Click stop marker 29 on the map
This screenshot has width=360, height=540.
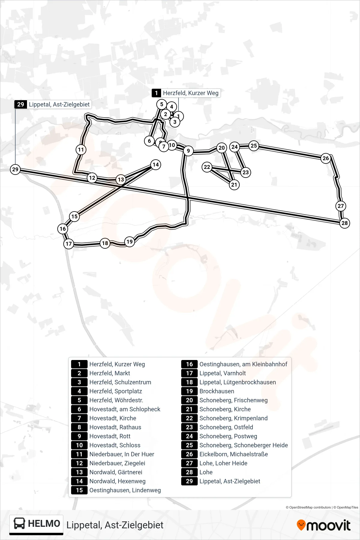(15, 169)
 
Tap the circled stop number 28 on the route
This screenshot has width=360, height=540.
(345, 223)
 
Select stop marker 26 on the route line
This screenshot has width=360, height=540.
(326, 158)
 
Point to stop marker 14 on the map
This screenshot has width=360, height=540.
(156, 165)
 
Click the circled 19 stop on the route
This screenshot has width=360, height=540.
(130, 242)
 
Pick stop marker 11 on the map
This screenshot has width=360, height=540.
(81, 150)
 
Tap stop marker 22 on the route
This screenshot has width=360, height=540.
(207, 167)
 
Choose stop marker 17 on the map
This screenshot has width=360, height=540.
(69, 244)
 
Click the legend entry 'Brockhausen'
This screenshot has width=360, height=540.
(217, 391)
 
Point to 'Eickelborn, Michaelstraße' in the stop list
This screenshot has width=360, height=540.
(234, 454)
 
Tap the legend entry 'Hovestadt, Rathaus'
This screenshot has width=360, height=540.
(115, 427)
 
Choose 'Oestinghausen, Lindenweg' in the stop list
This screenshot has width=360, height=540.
(125, 490)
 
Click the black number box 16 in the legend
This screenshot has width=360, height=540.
(189, 364)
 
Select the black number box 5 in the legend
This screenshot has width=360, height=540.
(79, 400)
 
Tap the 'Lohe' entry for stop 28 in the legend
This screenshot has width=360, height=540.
(206, 472)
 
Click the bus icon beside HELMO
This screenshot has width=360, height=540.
(19, 523)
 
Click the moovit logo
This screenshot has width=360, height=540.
(323, 525)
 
